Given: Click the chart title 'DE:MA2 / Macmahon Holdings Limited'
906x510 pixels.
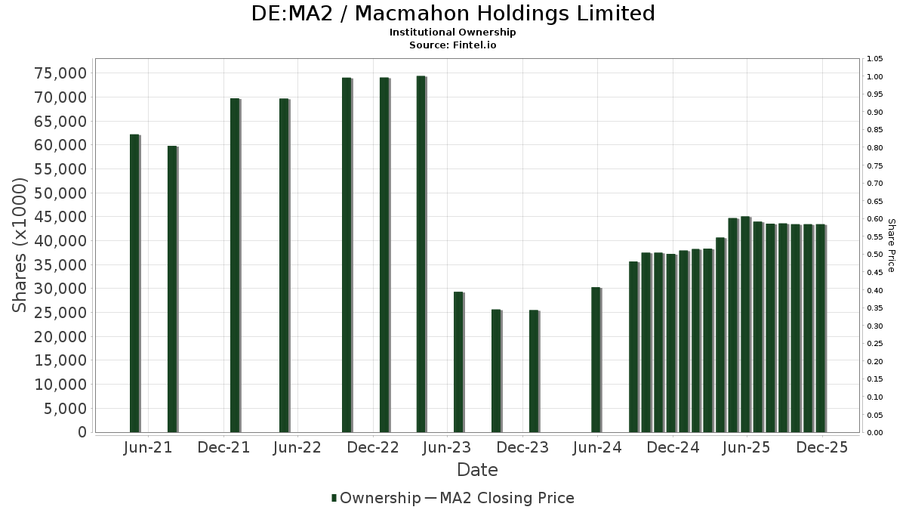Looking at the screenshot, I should pos(452,14).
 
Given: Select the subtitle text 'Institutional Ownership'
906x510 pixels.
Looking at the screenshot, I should pos(452,32).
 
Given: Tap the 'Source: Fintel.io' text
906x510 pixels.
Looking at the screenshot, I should pos(452,45).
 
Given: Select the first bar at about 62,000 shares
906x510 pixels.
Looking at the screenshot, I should pos(134,283).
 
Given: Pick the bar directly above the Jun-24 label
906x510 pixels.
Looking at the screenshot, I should pos(596,360).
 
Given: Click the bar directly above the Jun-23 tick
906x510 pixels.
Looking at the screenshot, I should pos(458,362).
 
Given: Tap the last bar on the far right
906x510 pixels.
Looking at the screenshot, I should pos(820,328).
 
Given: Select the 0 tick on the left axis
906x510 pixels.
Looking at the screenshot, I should pos(82,432).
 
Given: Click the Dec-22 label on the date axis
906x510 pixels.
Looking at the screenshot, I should pos(373,448).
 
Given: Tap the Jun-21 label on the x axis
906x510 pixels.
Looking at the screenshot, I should pos(147,448).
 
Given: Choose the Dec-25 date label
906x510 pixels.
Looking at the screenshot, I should pos(822,448).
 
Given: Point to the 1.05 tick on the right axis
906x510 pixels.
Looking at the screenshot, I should pos(875,59).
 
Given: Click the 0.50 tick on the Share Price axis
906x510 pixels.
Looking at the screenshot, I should pos(875,255).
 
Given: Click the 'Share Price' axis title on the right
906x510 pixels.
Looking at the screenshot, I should pos(892,246).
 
